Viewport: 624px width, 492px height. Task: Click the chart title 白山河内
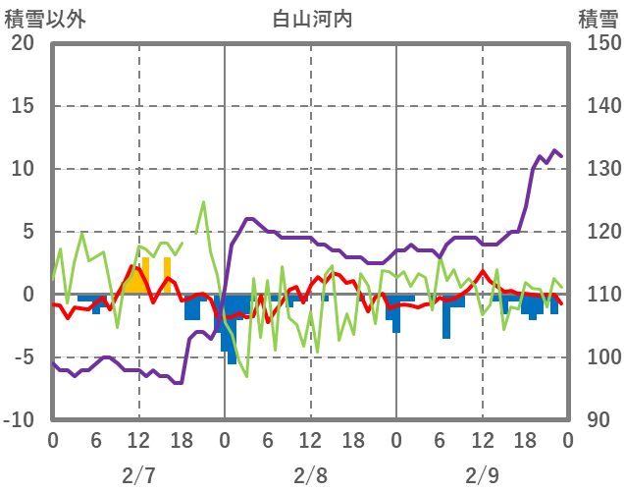312,19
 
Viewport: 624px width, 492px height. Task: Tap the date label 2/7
138,475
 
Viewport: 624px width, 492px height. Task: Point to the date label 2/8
310,475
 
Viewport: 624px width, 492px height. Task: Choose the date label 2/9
482,475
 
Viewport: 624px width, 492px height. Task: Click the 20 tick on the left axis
22,43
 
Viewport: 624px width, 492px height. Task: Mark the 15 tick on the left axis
22,106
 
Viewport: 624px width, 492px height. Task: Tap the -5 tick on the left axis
22,357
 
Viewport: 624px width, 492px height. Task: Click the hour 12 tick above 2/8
310,441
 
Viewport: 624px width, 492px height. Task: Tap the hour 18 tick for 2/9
525,441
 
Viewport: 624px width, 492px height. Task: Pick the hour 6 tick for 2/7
96,441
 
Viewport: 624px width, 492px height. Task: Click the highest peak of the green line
203,202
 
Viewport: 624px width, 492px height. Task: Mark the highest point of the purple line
555,150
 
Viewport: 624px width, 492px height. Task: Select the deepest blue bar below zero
232,362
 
